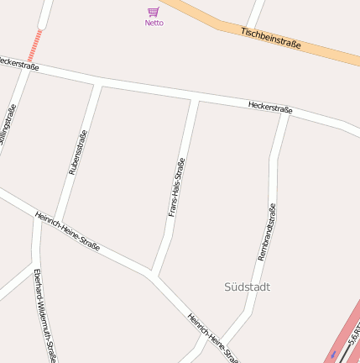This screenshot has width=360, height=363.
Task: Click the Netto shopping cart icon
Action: click(x=154, y=12)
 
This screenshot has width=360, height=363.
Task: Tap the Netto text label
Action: click(x=154, y=23)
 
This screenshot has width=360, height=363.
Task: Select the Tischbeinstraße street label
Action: click(x=270, y=38)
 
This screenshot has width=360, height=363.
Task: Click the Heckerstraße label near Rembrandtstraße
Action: click(x=269, y=108)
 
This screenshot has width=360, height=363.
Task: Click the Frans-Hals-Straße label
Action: click(x=176, y=187)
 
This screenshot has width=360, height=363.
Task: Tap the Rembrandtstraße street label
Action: click(x=267, y=232)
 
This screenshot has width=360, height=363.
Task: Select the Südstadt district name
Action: click(x=248, y=287)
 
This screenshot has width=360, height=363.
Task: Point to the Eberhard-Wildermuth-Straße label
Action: click(x=44, y=315)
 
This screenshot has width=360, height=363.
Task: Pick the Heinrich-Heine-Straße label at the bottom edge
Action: click(x=214, y=338)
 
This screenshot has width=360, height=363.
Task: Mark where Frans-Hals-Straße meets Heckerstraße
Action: click(x=197, y=100)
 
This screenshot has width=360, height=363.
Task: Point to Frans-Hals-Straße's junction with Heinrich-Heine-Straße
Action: click(x=153, y=274)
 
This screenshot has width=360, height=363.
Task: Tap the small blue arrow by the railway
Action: click(x=333, y=354)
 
